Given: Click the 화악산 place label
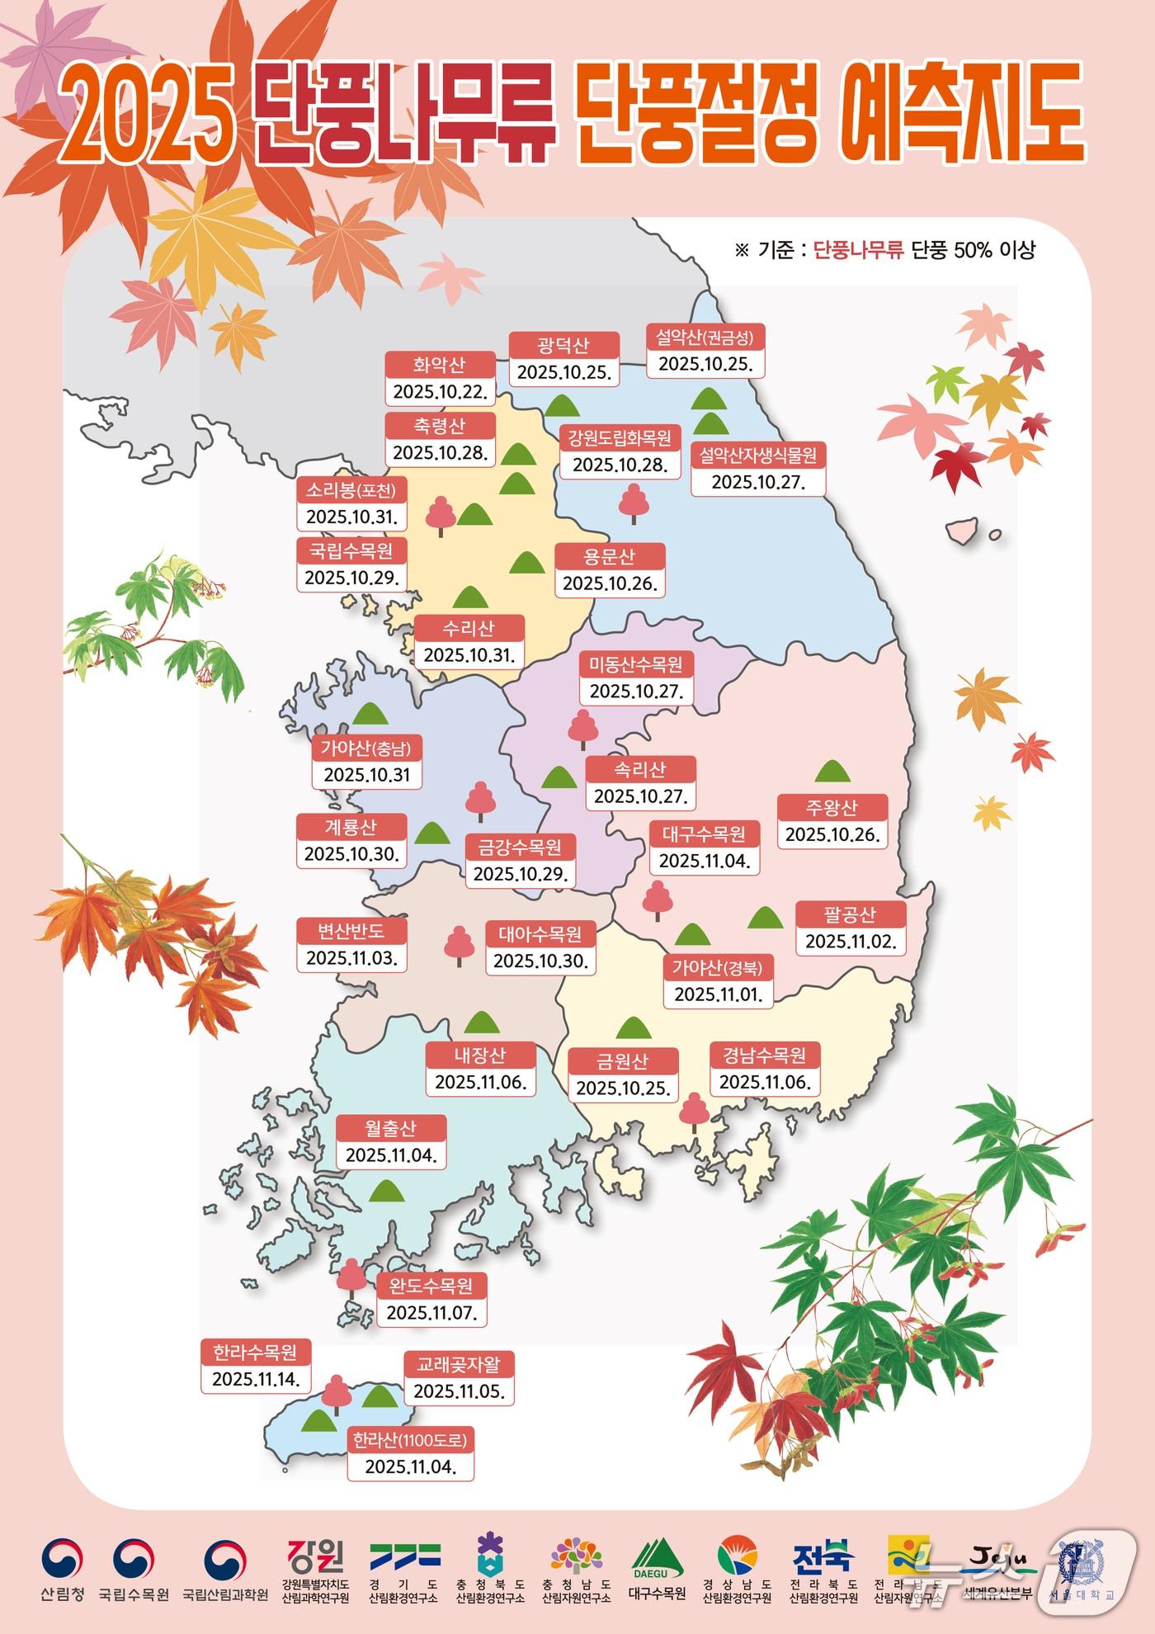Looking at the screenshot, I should [440, 364].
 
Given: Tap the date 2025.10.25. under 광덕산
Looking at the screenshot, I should [564, 372].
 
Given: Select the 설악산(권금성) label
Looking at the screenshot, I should [705, 337].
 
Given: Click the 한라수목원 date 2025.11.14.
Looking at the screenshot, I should [256, 1379].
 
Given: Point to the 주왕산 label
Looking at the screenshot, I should [832, 807].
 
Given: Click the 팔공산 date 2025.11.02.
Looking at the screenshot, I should [851, 942].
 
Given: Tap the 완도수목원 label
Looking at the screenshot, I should [431, 1286].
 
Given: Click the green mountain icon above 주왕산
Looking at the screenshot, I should [832, 772].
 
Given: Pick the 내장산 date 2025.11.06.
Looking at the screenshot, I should [480, 1082].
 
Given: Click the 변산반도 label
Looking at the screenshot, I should [351, 931].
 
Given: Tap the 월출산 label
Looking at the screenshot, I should [391, 1127].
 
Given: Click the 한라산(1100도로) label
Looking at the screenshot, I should [410, 1440].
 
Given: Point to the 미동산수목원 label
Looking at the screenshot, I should [636, 664].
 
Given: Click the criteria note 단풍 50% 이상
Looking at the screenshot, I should [973, 250].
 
